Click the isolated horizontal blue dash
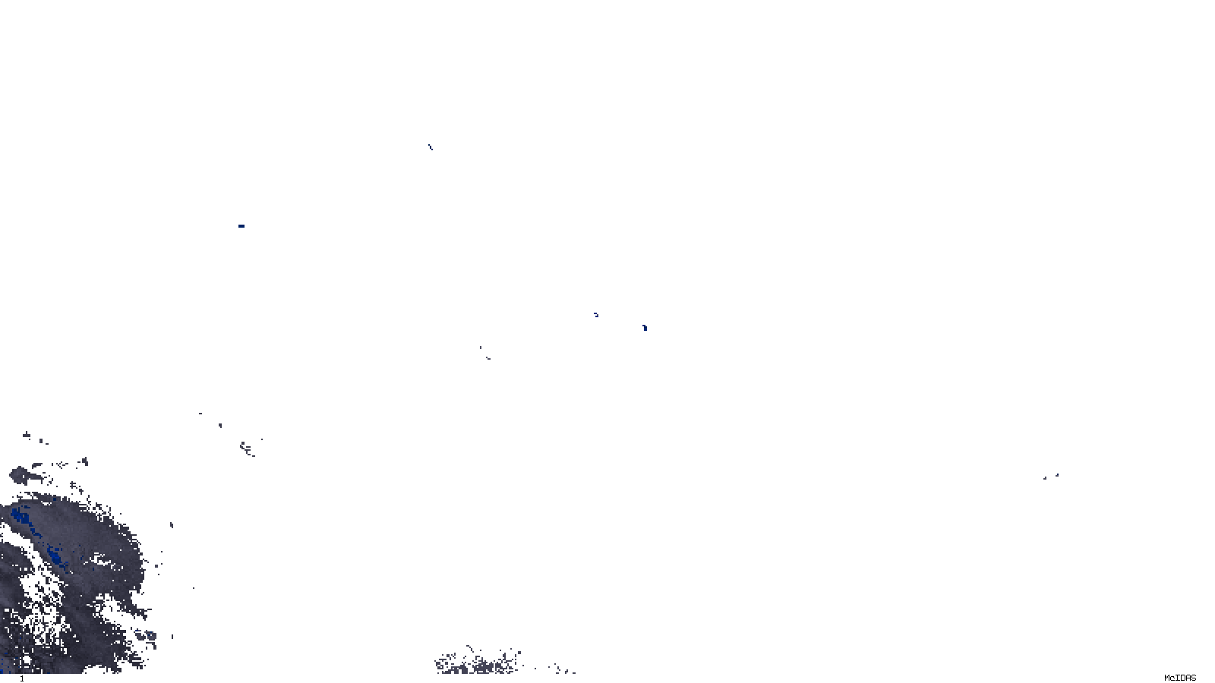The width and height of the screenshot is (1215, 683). coord(241,226)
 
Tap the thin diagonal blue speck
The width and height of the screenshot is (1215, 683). coord(430,147)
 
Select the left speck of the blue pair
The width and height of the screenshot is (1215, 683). coord(596,314)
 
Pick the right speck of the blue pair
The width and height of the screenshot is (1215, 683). coord(645,328)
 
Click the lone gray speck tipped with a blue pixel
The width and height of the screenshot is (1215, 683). coord(1056,476)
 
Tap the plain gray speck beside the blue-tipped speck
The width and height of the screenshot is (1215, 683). coord(1045,478)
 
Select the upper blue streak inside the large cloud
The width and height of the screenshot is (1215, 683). coord(21,518)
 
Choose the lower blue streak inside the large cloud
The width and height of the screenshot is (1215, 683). coord(56,555)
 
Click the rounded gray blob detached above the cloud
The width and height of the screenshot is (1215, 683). coord(18,476)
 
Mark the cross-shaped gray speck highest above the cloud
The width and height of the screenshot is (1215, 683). coord(27,435)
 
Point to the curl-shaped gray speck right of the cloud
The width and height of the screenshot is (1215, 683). coord(248,449)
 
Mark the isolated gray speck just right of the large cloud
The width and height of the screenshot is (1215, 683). coord(172,525)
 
